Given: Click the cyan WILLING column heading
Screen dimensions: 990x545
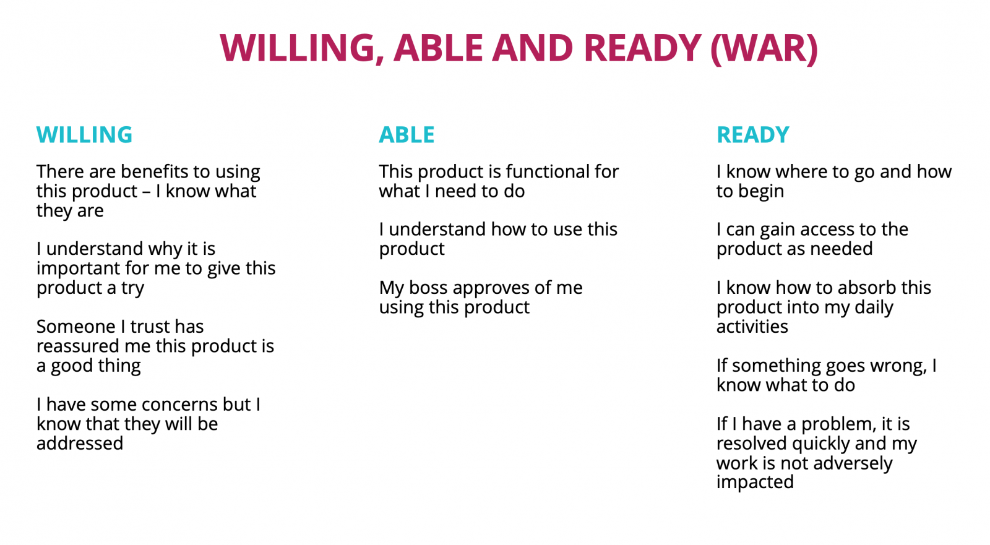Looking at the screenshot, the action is [84, 135].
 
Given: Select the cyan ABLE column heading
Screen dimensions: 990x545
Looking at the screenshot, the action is [407, 135].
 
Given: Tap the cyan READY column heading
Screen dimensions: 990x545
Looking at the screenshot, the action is [752, 135].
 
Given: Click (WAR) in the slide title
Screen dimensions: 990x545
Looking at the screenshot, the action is [764, 48].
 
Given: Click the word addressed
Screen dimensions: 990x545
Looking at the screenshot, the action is [80, 444].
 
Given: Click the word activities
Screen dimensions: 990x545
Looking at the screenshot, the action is [752, 327].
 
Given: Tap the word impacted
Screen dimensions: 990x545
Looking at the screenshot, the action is [755, 483].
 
